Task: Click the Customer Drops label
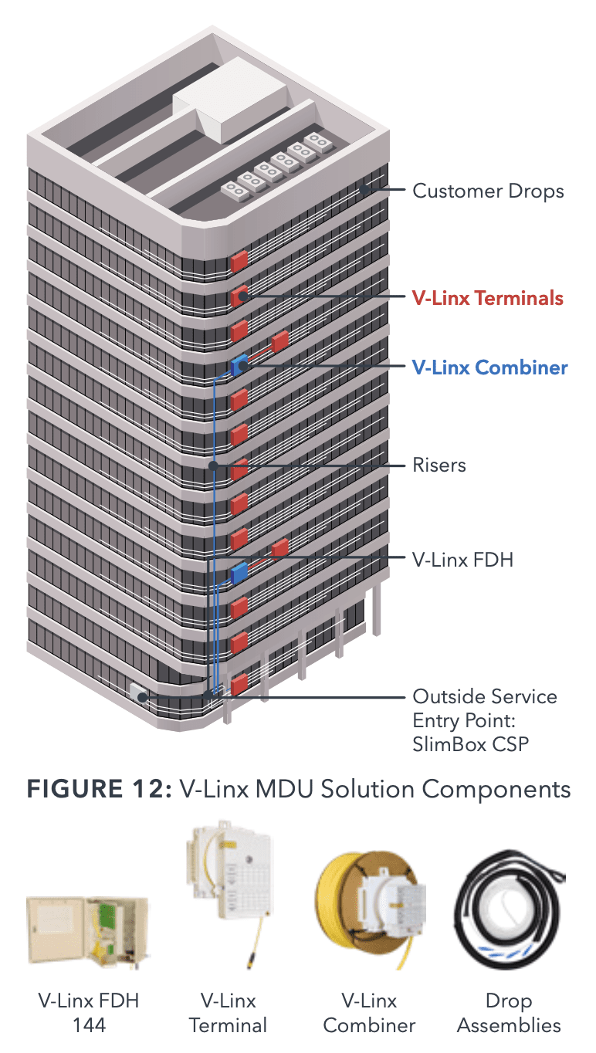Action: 488,191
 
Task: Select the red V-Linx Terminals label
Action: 487,298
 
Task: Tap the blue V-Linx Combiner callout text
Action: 489,367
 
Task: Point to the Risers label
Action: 439,466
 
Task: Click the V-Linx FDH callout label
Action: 462,560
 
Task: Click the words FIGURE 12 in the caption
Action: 97,789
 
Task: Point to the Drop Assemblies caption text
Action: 508,1013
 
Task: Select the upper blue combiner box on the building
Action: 239,364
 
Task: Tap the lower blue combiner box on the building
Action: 239,573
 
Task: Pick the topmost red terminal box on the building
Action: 239,260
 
